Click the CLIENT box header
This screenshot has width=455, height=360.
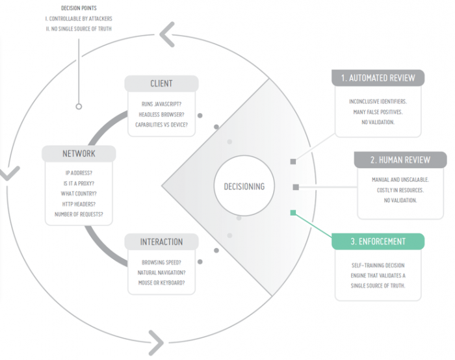(161, 84)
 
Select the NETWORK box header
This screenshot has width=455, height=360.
(79, 153)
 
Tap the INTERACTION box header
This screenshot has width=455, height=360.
(161, 242)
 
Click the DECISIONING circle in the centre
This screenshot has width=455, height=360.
(244, 186)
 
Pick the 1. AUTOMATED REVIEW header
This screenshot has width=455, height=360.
(378, 78)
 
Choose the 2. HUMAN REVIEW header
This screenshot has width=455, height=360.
(400, 160)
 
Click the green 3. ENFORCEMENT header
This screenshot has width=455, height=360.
(378, 241)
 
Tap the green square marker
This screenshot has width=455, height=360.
(293, 213)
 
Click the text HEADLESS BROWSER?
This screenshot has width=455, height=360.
(161, 114)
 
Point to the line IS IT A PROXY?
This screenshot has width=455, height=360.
(79, 183)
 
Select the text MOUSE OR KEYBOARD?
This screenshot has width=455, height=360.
(161, 283)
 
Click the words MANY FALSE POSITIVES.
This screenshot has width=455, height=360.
(378, 112)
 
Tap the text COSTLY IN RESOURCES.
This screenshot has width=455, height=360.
(400, 190)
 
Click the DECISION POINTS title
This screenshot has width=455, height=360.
(79, 8)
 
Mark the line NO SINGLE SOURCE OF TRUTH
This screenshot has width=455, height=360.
(79, 29)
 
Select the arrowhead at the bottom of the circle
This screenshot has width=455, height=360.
(157, 343)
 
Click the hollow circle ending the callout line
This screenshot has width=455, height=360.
(79, 107)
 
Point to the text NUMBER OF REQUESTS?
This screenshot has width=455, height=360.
(79, 214)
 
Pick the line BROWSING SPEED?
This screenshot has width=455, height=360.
(161, 263)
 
